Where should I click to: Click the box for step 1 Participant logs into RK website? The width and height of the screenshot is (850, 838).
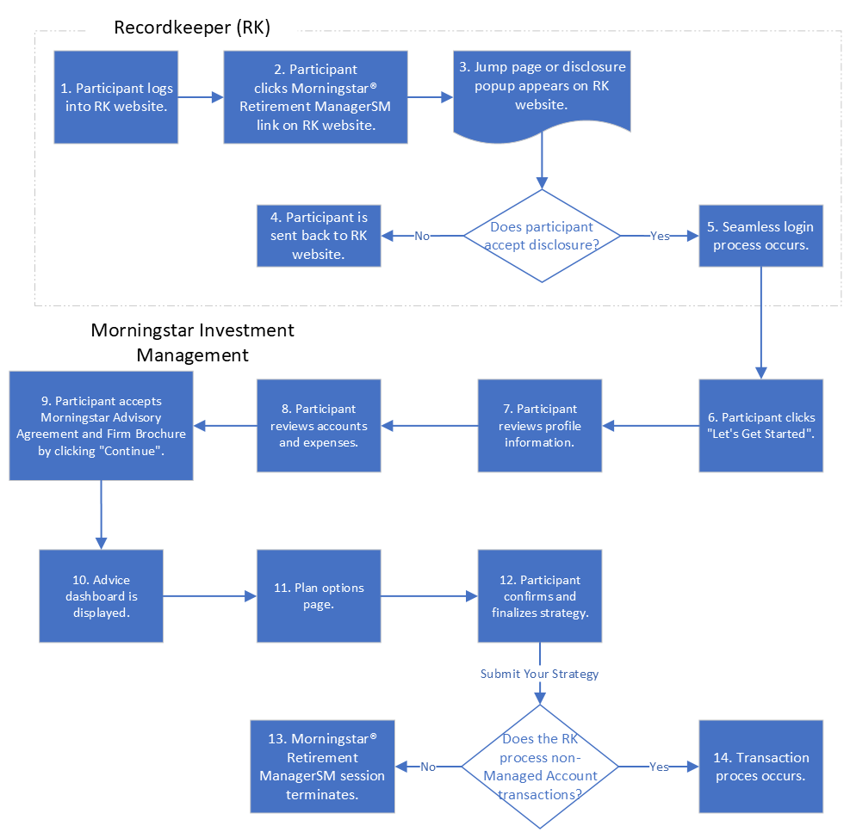(115, 96)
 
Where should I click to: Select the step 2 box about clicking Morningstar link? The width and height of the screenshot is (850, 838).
(315, 96)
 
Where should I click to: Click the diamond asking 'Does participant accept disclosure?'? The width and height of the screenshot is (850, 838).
(541, 235)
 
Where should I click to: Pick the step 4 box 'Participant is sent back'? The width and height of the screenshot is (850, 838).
(319, 235)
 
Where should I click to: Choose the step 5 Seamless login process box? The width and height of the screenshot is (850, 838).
(760, 235)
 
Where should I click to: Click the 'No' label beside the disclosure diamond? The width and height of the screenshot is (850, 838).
(422, 236)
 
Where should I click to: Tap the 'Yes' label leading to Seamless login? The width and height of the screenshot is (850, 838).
(659, 236)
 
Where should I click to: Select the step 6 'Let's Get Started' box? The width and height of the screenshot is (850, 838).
(760, 425)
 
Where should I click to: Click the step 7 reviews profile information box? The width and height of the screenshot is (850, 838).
(540, 425)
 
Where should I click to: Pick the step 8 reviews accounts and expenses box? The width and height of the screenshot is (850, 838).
(319, 425)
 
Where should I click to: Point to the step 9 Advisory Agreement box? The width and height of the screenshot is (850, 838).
(101, 425)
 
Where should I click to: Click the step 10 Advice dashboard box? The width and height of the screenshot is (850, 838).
(101, 595)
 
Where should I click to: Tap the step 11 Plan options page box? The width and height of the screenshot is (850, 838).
(319, 595)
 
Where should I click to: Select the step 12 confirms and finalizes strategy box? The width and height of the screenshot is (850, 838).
(540, 595)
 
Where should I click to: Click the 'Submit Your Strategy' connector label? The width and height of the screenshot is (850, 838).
(539, 674)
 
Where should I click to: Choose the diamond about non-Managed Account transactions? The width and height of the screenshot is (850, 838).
(540, 767)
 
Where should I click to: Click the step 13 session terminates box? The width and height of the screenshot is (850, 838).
(322, 767)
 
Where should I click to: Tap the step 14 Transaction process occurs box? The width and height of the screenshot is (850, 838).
(760, 767)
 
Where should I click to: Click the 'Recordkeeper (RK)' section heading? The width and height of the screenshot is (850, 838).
(192, 28)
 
